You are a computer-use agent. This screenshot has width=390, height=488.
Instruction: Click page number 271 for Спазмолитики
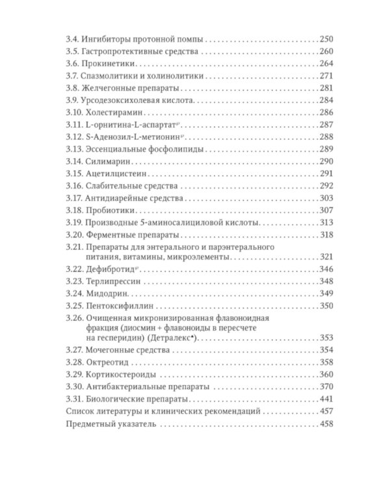tap(326, 76)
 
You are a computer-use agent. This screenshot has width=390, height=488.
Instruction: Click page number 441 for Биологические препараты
tap(326, 399)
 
